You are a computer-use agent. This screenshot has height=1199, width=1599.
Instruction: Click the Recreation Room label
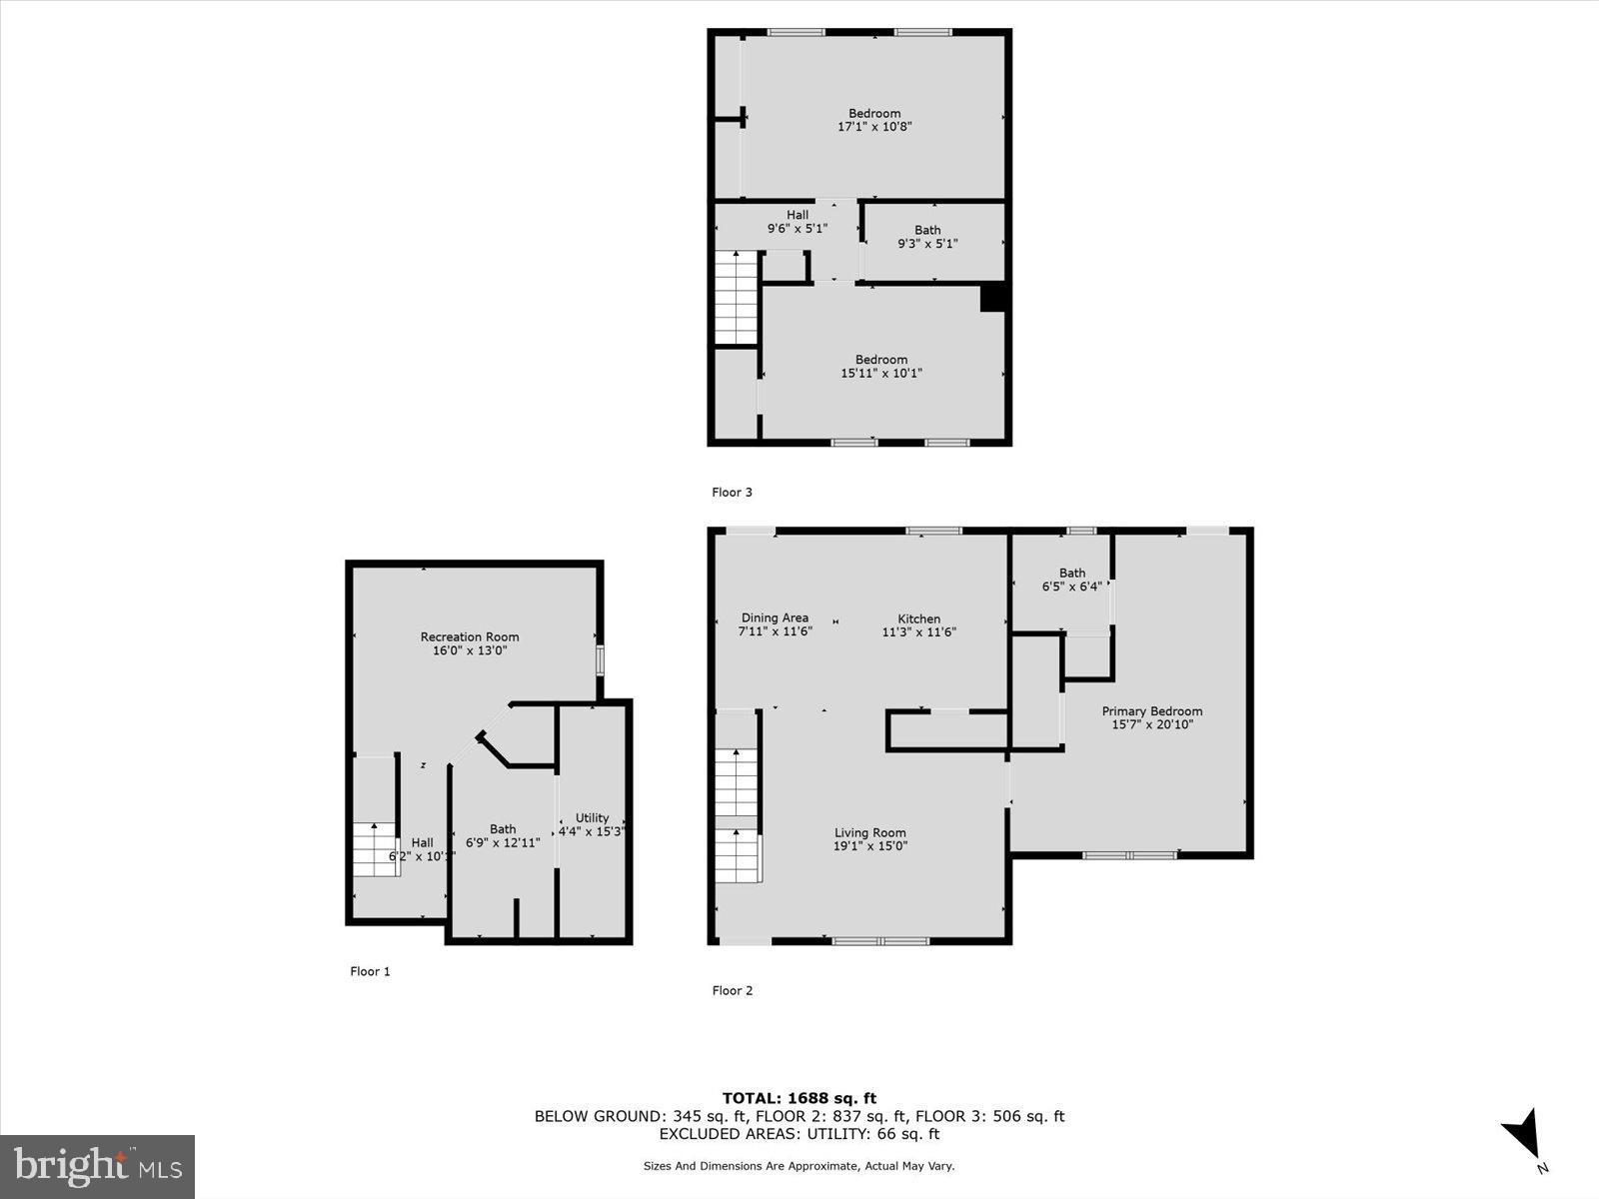470,636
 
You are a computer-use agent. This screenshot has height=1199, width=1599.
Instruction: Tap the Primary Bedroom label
1152,711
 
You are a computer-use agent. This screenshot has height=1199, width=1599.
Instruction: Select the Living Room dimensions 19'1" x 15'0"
870,846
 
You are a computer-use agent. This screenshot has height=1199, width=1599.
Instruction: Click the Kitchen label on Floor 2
918,618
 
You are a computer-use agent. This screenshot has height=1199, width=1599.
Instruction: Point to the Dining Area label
775,617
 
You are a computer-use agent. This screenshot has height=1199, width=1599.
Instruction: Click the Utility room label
592,817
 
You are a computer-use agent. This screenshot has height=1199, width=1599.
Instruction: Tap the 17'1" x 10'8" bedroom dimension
874,127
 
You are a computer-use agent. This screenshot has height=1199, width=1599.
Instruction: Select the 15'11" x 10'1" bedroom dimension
880,374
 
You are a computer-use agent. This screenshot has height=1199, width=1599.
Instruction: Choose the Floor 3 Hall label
798,215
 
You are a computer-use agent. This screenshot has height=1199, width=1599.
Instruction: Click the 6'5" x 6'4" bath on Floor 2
1071,587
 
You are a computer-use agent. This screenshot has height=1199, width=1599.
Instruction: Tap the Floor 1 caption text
370,971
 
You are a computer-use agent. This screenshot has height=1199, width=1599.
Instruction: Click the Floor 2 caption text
733,990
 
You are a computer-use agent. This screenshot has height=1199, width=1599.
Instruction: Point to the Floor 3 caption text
732,492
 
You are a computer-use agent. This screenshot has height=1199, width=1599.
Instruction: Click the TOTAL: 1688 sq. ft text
799,1098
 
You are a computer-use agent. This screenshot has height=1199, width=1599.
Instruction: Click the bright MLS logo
97,1166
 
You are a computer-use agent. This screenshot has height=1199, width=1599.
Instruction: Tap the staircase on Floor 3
737,297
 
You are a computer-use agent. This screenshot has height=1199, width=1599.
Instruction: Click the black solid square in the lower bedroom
992,299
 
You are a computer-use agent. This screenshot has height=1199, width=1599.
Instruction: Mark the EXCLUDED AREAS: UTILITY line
799,1134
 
